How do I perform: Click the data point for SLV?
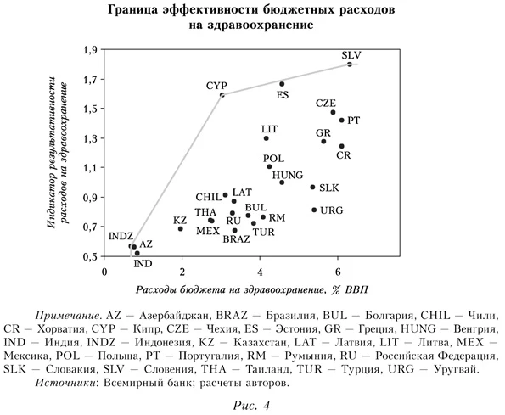pos(350,64)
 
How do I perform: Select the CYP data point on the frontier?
pos(222,95)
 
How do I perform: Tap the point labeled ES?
pos(282,83)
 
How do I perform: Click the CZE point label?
pos(326,103)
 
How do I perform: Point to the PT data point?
pos(342,121)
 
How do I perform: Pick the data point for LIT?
pos(267,138)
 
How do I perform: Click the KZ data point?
pos(181,228)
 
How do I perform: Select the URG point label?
pos(332,210)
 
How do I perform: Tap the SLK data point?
pos(312,187)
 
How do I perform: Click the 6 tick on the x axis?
pos(339,272)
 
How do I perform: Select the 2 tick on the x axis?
pos(182,272)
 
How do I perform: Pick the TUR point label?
pos(263,232)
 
